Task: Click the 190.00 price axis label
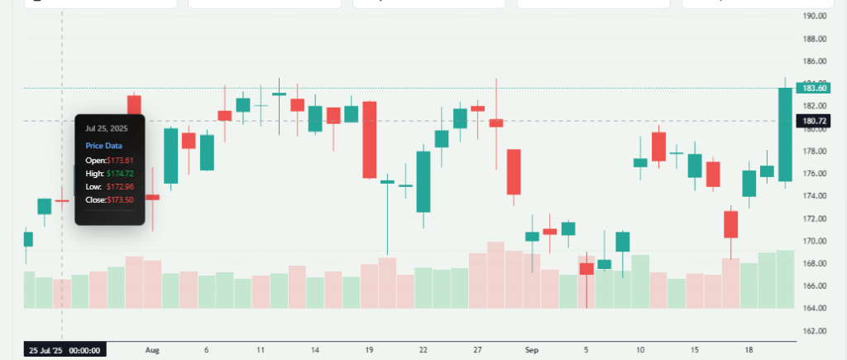click(816, 16)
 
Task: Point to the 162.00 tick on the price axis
click(816, 330)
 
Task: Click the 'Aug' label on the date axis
click(151, 350)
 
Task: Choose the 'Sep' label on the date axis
click(532, 350)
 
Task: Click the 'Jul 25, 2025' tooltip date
click(107, 128)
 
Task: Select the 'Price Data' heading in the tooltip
click(103, 145)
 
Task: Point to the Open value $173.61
click(120, 160)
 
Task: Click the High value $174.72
click(120, 174)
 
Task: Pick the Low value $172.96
click(120, 187)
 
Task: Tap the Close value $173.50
click(120, 200)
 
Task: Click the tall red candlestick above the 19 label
click(369, 139)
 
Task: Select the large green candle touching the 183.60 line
click(785, 134)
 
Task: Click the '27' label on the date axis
click(477, 350)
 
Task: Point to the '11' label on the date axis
click(261, 350)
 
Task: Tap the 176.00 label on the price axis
click(816, 174)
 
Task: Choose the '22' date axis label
click(423, 350)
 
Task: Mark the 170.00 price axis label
click(816, 241)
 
